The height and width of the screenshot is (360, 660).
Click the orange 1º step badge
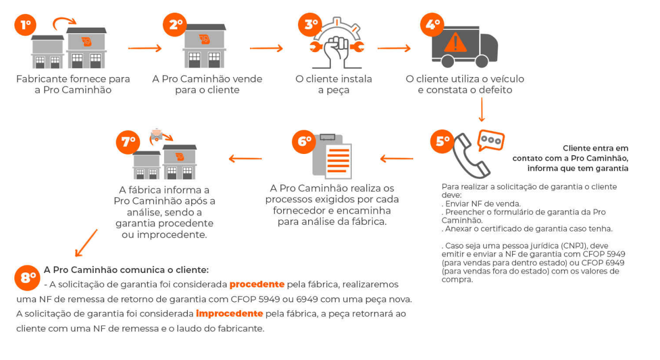coord(25,25)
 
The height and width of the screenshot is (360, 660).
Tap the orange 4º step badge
coord(432,25)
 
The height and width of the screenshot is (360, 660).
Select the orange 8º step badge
coord(27,277)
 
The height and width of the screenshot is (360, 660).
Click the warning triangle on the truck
coord(455,43)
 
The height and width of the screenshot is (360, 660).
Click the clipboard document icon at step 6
coord(332,156)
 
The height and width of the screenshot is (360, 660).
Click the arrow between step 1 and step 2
coord(145,48)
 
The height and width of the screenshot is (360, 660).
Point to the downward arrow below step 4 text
coord(482,110)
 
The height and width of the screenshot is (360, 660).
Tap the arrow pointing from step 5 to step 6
coord(397,158)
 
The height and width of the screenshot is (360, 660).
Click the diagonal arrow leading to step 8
coord(86,243)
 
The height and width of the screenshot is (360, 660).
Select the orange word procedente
coord(257,285)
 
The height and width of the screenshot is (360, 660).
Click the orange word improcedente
coord(229,313)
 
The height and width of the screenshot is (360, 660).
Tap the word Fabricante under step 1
coord(42,79)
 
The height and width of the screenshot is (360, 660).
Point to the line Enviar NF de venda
coord(481,204)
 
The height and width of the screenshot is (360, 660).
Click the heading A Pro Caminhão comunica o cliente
coord(126,270)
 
